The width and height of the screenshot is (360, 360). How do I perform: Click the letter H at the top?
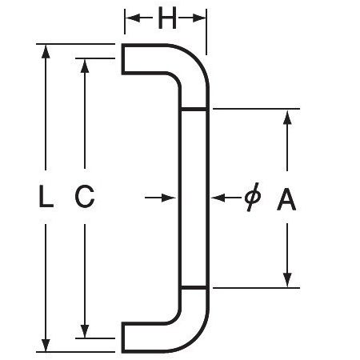[167, 18]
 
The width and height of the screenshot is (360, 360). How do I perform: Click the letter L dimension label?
[46, 196]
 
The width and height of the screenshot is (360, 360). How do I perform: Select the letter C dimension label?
[85, 196]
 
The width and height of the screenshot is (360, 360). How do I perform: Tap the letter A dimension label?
[286, 199]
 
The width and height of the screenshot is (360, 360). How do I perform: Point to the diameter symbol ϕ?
[253, 197]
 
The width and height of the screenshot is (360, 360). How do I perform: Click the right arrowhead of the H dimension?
[199, 18]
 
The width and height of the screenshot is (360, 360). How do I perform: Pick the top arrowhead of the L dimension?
[46, 51]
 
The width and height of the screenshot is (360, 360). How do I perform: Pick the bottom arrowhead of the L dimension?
[46, 345]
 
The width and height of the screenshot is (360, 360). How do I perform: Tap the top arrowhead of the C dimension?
[85, 66]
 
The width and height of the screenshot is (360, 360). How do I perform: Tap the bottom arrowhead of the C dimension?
[85, 331]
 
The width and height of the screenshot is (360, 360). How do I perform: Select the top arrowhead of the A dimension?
[287, 116]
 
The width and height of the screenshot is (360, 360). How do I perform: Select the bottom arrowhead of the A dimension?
[287, 281]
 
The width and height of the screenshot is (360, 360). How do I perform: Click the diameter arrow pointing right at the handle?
[160, 198]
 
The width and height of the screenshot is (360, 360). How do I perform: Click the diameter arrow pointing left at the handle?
[226, 198]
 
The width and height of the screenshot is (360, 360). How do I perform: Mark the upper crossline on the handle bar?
[194, 109]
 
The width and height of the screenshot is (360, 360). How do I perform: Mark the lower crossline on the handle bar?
[194, 288]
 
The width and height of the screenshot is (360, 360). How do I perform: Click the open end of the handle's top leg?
[123, 59]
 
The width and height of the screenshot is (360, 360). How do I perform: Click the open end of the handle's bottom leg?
[123, 338]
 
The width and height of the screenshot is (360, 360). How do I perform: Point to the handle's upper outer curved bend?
[195, 58]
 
